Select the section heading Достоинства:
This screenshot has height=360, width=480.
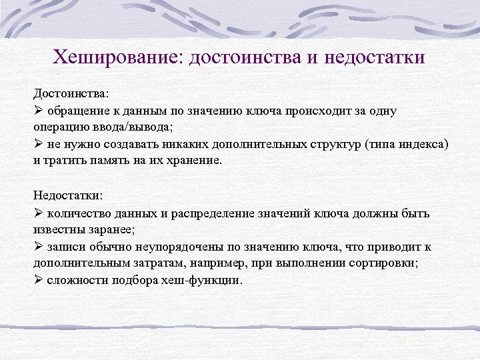pos(70,93)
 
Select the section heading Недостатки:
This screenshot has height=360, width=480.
pos(68,196)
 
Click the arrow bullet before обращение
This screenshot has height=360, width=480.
pos(39,110)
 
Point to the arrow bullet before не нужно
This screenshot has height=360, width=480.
pos(39,144)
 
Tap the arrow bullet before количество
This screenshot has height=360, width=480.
pos(39,213)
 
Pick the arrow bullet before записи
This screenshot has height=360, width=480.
pos(39,247)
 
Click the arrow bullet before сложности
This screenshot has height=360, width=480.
pos(39,281)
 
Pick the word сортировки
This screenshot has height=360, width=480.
pos(383,264)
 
